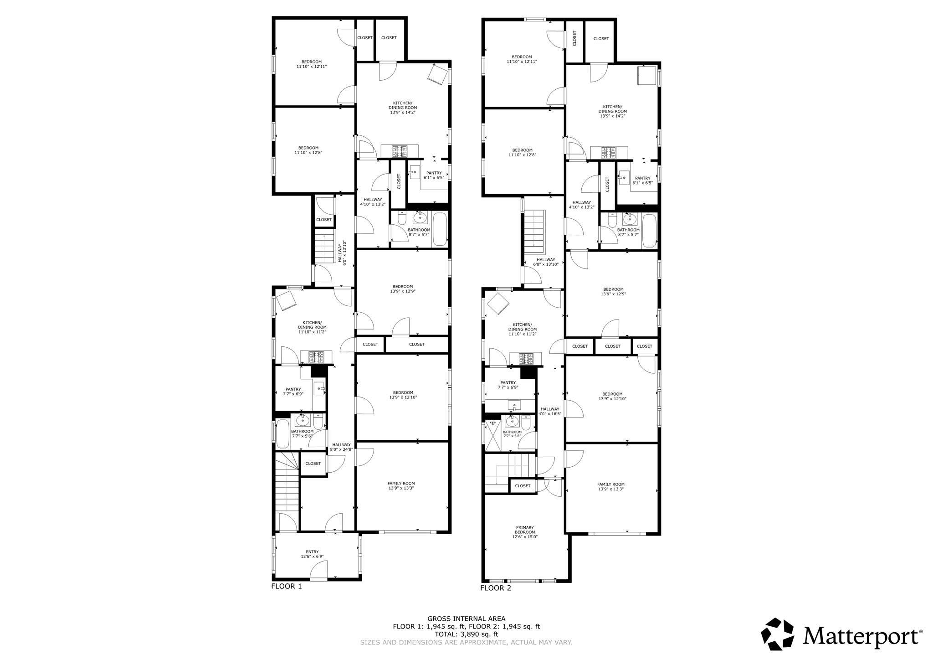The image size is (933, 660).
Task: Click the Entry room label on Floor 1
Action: click(x=312, y=554)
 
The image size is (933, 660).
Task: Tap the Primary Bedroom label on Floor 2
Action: click(x=525, y=532)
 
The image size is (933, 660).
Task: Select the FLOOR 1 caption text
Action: click(x=286, y=587)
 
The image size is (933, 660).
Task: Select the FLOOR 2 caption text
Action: click(x=495, y=588)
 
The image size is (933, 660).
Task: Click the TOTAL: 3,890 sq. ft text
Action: click(x=466, y=634)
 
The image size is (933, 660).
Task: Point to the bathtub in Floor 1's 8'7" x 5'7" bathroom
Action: click(x=440, y=229)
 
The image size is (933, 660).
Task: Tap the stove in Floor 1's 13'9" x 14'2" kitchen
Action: click(x=400, y=151)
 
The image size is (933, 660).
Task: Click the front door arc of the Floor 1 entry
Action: click(x=318, y=570)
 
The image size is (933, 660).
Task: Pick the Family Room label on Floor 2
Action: click(x=610, y=486)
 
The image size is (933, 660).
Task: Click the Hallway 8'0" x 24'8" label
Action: click(x=341, y=447)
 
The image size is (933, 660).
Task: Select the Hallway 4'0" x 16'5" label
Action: click(x=550, y=412)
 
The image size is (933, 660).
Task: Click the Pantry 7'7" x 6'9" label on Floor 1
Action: click(x=293, y=392)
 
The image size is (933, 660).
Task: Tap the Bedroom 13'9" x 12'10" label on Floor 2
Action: click(x=612, y=396)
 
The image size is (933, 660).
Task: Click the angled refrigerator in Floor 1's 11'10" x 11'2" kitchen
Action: click(x=287, y=301)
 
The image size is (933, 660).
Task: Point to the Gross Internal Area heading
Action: click(x=466, y=619)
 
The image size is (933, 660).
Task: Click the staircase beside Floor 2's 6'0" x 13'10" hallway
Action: click(x=534, y=230)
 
